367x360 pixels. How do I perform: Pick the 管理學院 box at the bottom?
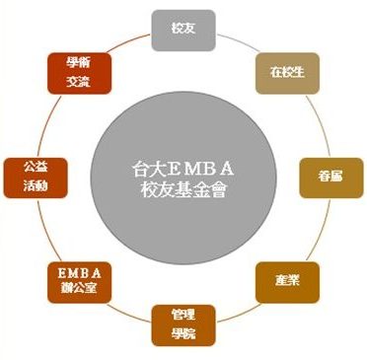click(183, 324)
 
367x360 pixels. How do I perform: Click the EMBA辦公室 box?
click(82, 280)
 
